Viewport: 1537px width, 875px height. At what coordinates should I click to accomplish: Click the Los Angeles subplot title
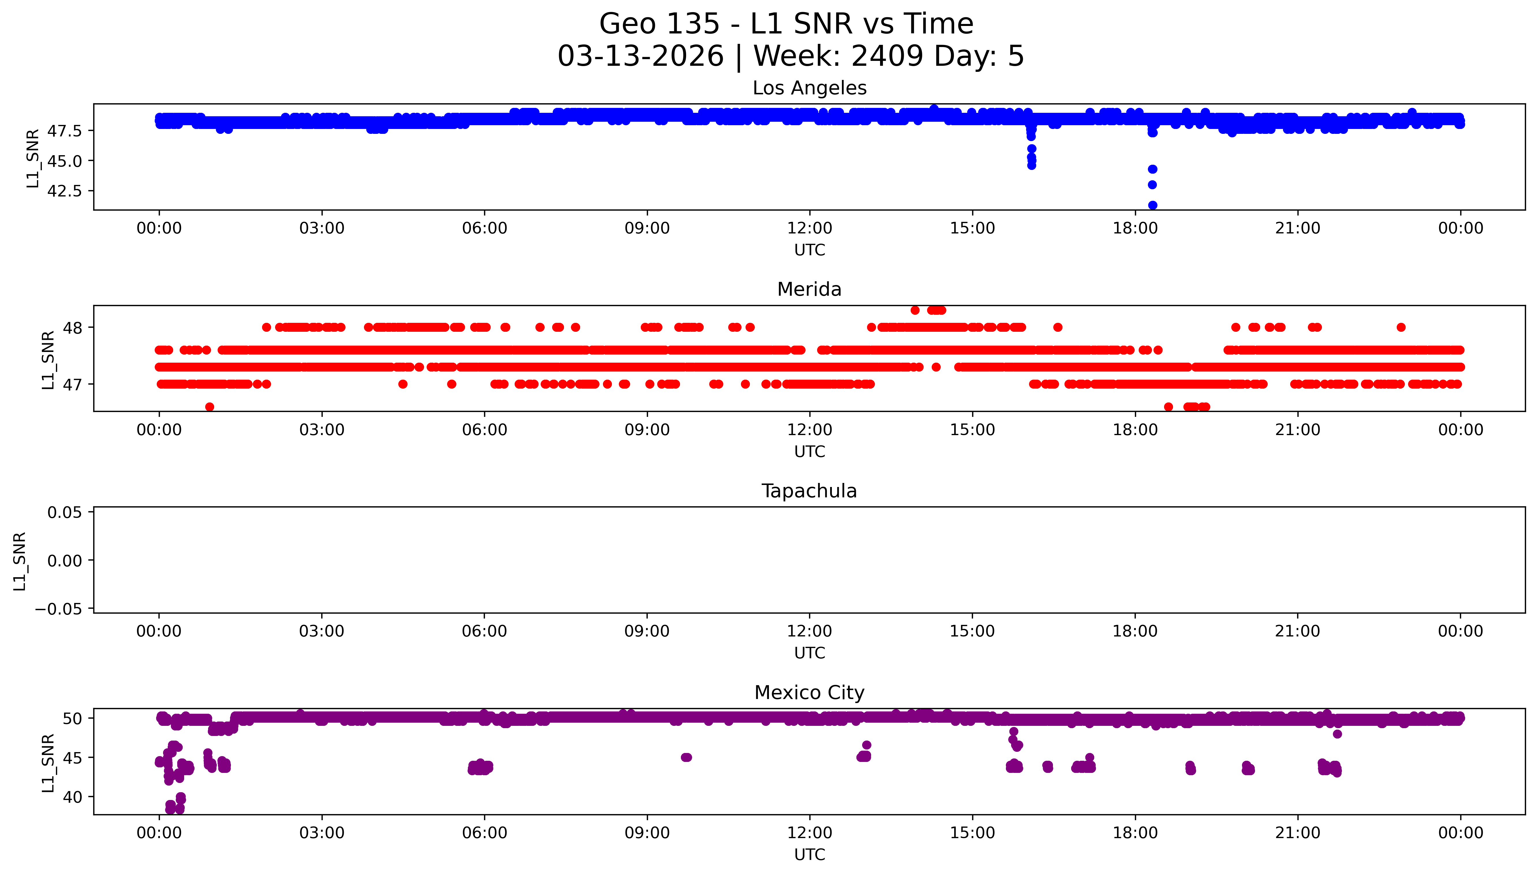(809, 88)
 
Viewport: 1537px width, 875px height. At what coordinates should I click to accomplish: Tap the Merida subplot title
(809, 290)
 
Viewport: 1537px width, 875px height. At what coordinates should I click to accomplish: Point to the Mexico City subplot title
(809, 693)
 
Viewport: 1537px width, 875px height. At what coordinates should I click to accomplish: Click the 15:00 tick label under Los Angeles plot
(972, 228)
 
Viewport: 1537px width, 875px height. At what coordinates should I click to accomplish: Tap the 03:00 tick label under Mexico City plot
(322, 833)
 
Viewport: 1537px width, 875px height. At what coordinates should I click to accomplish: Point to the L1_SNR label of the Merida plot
(48, 360)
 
